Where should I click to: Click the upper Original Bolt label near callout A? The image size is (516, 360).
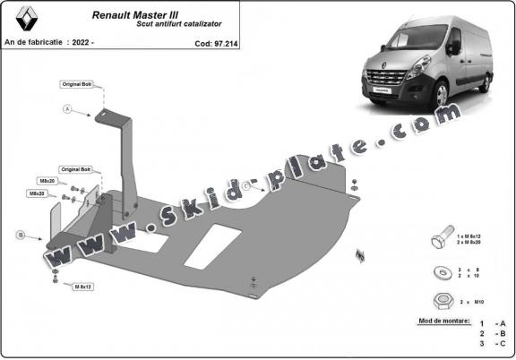(x=76, y=83)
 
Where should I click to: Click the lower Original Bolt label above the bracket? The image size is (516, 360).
(x=76, y=168)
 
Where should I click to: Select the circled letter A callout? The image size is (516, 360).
(x=67, y=109)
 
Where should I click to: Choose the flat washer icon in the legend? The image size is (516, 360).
(x=440, y=271)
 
